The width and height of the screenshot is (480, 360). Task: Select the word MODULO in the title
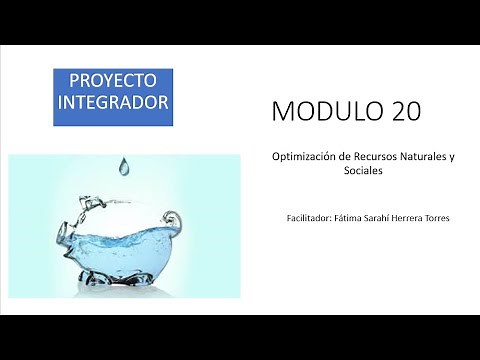[x=321, y=111]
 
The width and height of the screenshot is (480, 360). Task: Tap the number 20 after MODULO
[x=400, y=111]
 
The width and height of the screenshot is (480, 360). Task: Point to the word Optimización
[x=303, y=157]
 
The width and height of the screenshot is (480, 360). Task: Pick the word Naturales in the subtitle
[x=425, y=157]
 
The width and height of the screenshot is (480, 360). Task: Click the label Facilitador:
[x=308, y=218]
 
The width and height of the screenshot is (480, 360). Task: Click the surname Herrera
[x=415, y=218]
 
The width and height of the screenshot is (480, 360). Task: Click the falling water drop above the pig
[x=124, y=165]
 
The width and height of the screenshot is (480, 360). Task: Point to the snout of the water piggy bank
[x=70, y=237]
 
